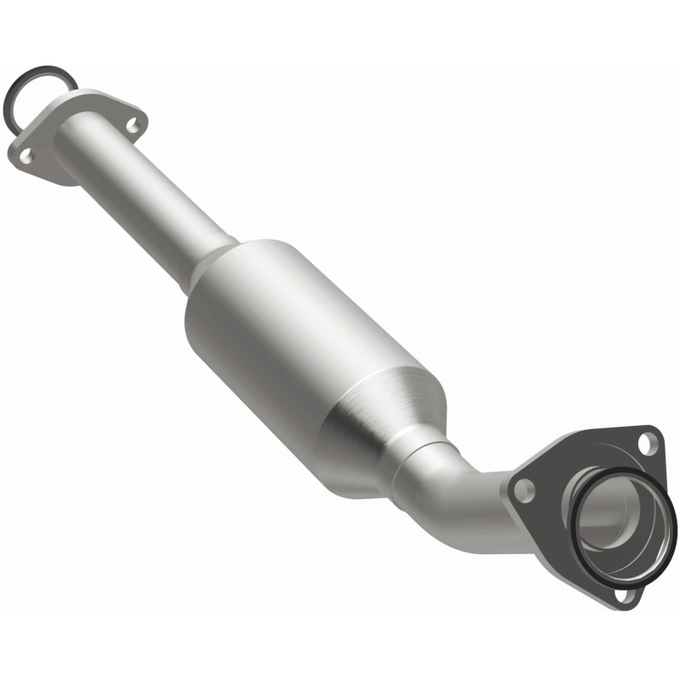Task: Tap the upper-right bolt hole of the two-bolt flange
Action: (x=132, y=125)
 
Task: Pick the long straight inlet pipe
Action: (x=144, y=200)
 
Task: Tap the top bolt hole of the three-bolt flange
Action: (x=648, y=442)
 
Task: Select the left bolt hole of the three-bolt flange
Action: (x=525, y=488)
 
